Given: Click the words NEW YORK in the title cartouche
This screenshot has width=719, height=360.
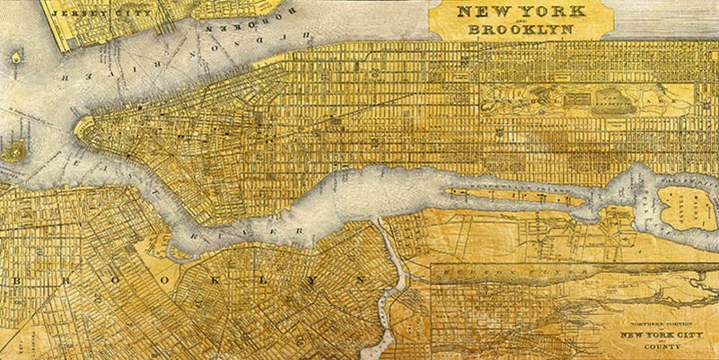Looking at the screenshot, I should (x=500, y=13).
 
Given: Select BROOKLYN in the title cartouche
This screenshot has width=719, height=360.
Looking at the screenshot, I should (x=500, y=29).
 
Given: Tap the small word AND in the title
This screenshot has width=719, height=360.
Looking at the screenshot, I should (x=500, y=21).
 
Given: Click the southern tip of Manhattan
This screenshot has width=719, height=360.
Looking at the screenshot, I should (x=80, y=125).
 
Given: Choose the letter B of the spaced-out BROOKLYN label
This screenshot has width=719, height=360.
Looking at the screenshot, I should (x=17, y=282).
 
